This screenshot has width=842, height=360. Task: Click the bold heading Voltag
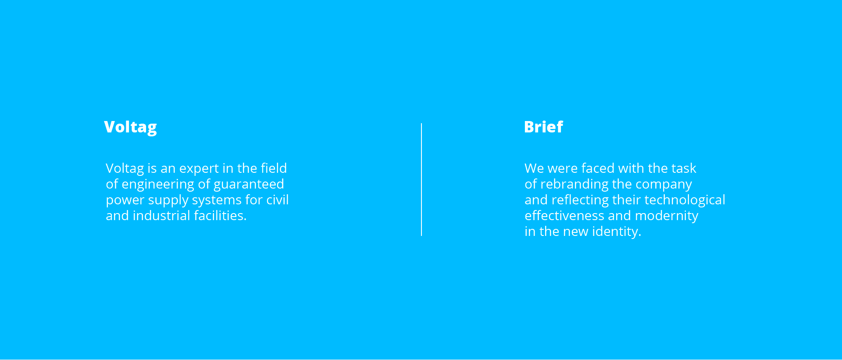pos(130,128)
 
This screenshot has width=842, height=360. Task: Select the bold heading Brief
pos(543,127)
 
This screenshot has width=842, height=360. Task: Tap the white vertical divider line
pos(421,179)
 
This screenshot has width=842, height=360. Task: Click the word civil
pos(278,200)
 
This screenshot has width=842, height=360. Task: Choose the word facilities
pos(220,215)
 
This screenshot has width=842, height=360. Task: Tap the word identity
pos(617,232)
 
